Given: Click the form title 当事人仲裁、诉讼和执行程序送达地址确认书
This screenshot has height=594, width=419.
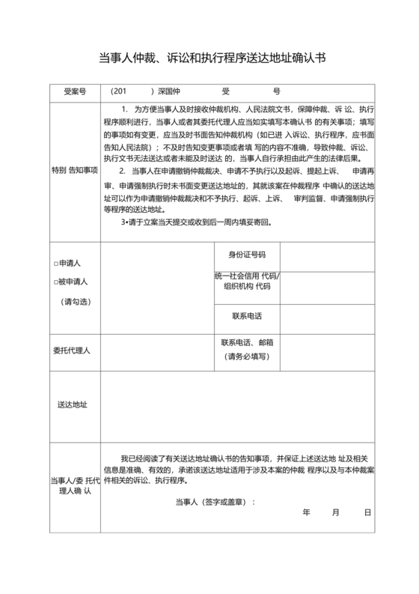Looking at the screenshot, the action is [x=212, y=58].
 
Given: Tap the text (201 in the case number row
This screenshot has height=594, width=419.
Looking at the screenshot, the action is [x=120, y=91].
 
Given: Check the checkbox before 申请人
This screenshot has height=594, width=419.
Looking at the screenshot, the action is [x=56, y=264].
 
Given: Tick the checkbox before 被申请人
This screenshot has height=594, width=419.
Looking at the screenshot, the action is [x=56, y=282].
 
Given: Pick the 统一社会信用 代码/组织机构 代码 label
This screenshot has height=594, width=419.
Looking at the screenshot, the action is [x=247, y=281].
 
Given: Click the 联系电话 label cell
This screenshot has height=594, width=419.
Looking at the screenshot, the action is [x=247, y=315].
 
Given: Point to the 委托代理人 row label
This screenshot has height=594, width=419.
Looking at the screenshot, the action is [x=73, y=350].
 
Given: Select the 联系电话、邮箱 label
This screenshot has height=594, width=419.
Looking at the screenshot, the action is [x=247, y=342].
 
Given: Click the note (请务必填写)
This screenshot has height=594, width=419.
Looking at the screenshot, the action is [x=247, y=357].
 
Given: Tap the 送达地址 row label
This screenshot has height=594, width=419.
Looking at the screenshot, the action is [x=73, y=404].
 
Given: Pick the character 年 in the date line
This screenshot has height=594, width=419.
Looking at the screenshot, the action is [x=307, y=513].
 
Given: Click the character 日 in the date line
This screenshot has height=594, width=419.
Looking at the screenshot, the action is [x=367, y=513].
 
